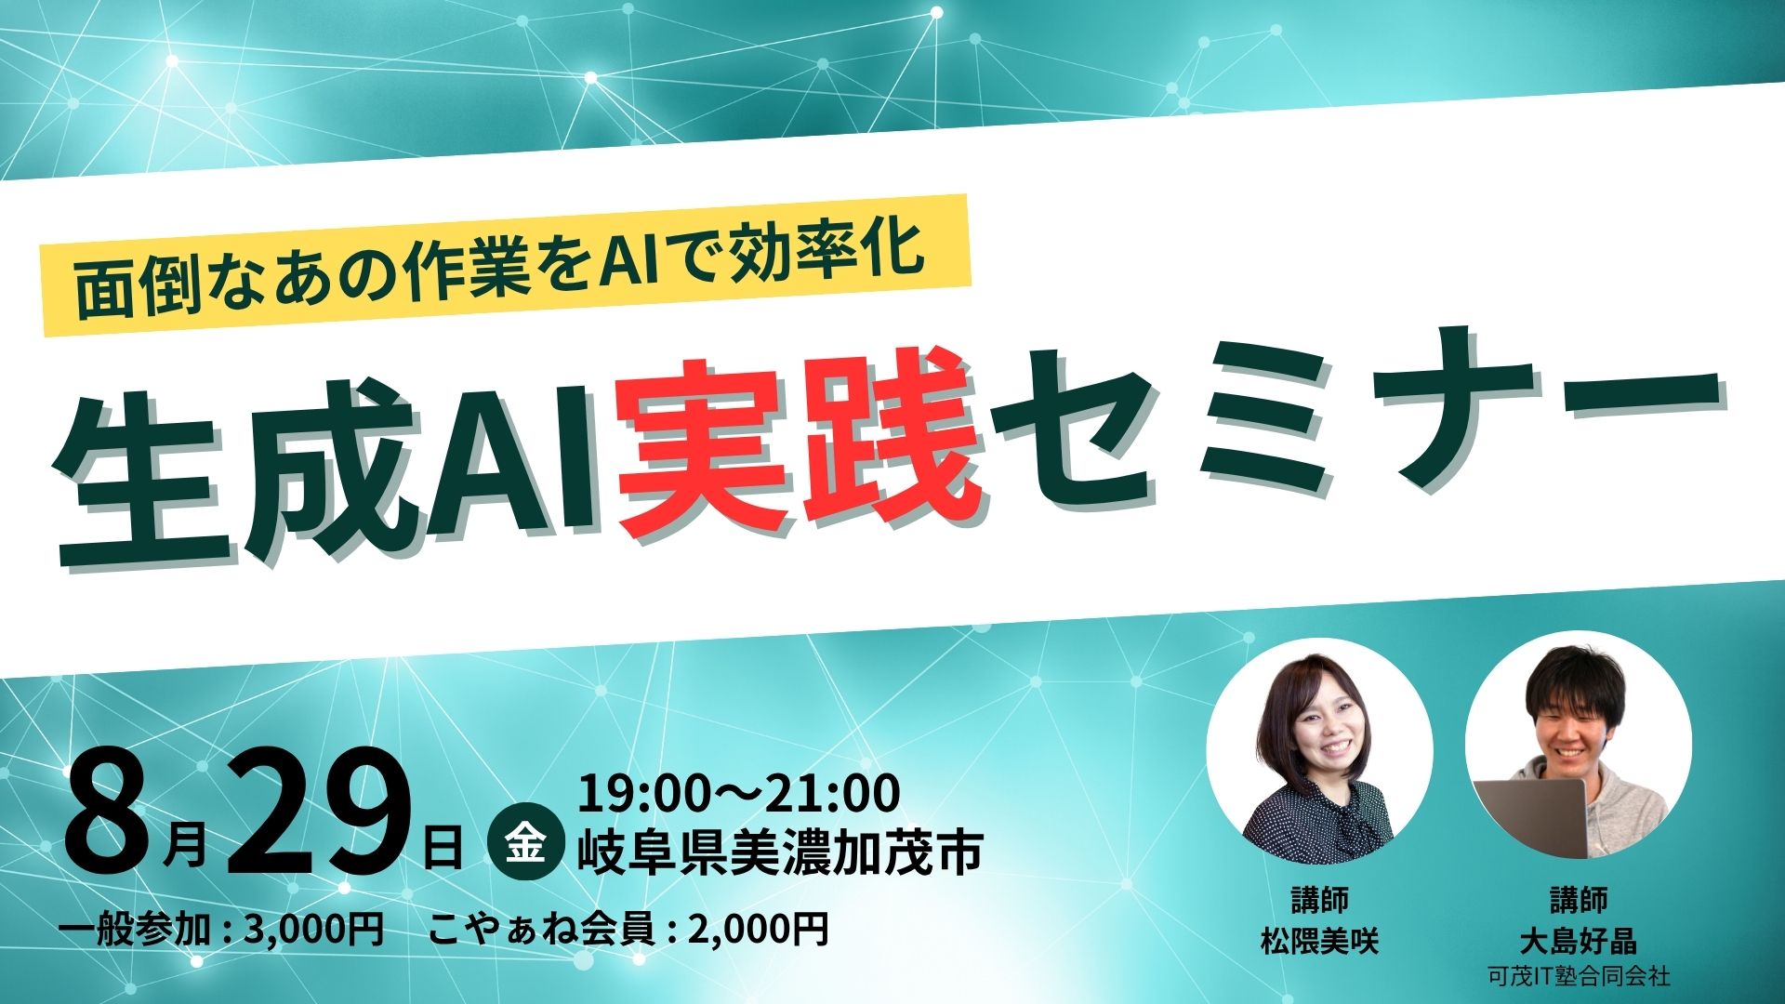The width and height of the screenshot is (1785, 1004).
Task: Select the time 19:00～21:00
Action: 739,793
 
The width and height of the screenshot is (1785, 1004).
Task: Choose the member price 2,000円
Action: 758,929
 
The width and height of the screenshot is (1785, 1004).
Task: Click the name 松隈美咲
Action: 1319,942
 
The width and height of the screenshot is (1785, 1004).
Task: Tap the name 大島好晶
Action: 1578,942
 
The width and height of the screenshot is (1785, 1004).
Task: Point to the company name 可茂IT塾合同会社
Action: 1578,977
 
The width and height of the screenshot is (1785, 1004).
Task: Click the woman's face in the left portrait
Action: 1325,730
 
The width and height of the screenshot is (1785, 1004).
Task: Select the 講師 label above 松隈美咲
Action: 1319,900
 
